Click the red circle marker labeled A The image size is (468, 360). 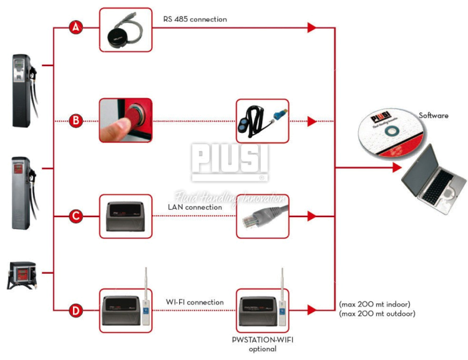pyautogui.click(x=76, y=28)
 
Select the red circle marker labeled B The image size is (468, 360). pyautogui.click(x=76, y=121)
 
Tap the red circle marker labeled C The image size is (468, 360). pyautogui.click(x=76, y=216)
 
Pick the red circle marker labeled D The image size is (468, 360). pyautogui.click(x=76, y=310)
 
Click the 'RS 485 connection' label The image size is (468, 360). pyautogui.click(x=195, y=19)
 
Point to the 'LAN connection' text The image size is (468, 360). pyautogui.click(x=195, y=207)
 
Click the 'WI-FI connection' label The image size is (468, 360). pyautogui.click(x=195, y=302)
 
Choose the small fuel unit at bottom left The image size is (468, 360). pyautogui.click(x=22, y=275)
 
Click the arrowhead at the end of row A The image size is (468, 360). pyautogui.click(x=312, y=28)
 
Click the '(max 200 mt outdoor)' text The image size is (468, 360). pyautogui.click(x=378, y=313)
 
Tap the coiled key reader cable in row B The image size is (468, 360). pyautogui.click(x=261, y=121)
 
